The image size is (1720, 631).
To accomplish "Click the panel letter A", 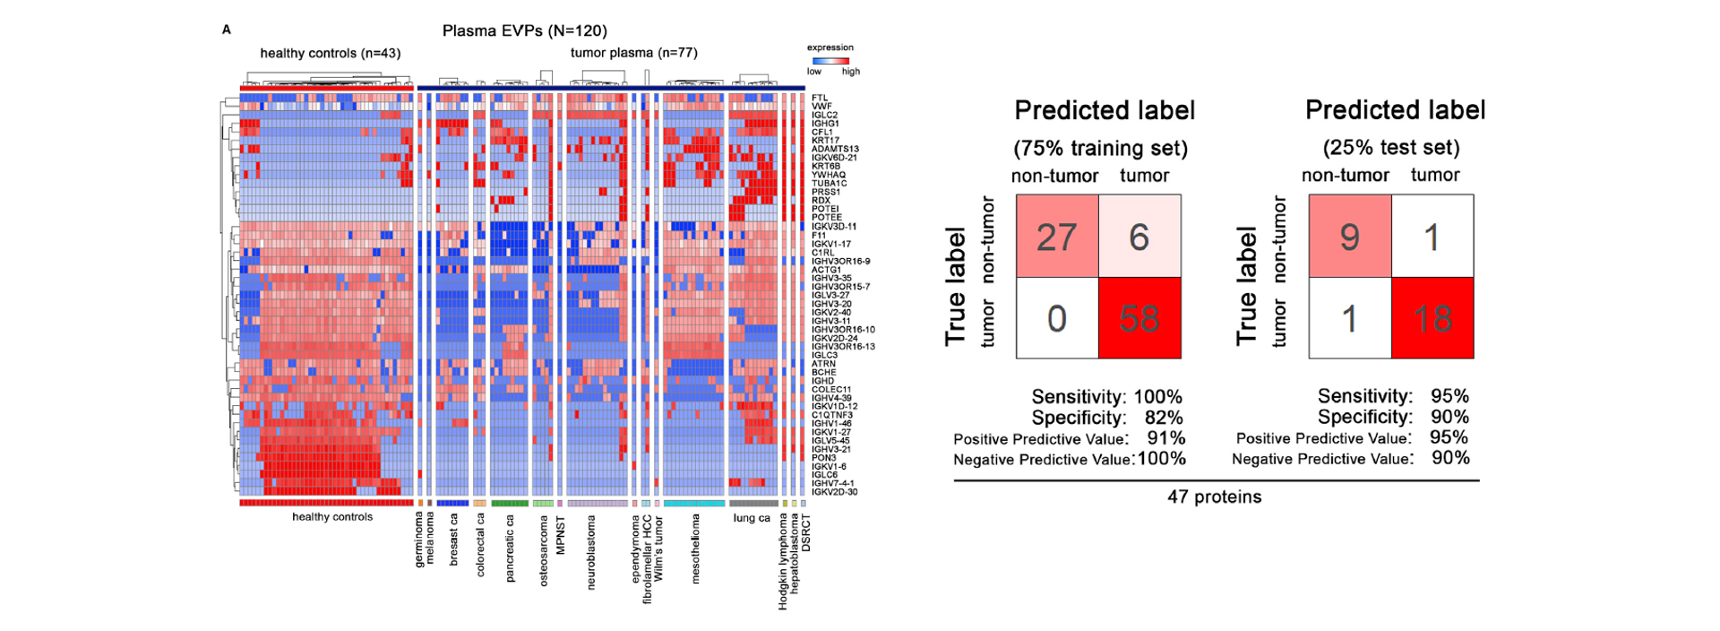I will point(227,30).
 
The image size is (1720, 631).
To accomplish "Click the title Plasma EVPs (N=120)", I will point(524,31).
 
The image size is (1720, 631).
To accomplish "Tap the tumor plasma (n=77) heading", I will point(633,53).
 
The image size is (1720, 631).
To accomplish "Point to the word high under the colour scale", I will point(850,72).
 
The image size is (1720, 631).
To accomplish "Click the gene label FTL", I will point(820,98).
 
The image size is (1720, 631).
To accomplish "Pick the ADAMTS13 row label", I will point(835,149).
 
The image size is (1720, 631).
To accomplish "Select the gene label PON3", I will point(823,458).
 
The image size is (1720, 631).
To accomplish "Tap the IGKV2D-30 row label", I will point(834,492).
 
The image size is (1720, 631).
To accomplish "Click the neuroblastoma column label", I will point(591,552).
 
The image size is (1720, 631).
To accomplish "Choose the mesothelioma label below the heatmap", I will point(695,549).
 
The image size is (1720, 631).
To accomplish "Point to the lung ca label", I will point(751,518).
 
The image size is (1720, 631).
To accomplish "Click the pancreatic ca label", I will point(511,548).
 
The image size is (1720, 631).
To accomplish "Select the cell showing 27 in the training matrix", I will point(1057,237).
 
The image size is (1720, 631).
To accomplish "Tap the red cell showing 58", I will point(1139,318).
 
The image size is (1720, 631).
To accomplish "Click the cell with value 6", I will point(1139,237).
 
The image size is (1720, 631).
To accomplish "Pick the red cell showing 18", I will point(1432,318).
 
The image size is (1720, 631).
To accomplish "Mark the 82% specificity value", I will point(1164,418).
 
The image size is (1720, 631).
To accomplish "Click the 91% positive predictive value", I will point(1166,438).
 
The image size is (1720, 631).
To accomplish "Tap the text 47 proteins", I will point(1214,497).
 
